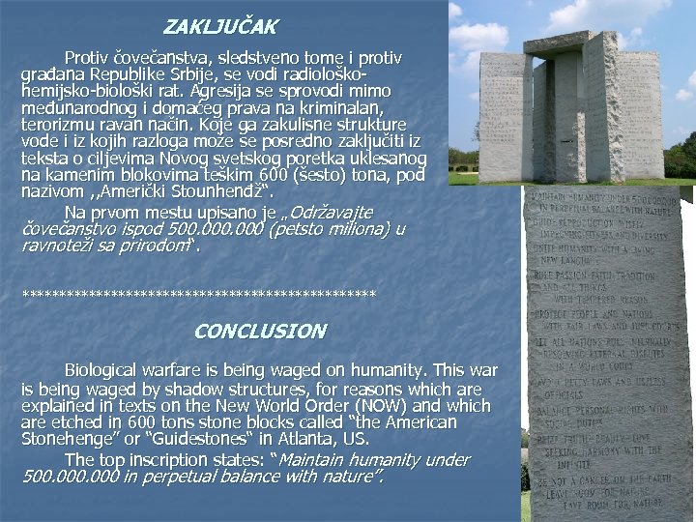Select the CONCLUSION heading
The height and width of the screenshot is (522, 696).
click(x=260, y=331)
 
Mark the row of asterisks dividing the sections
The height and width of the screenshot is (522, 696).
click(x=198, y=293)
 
